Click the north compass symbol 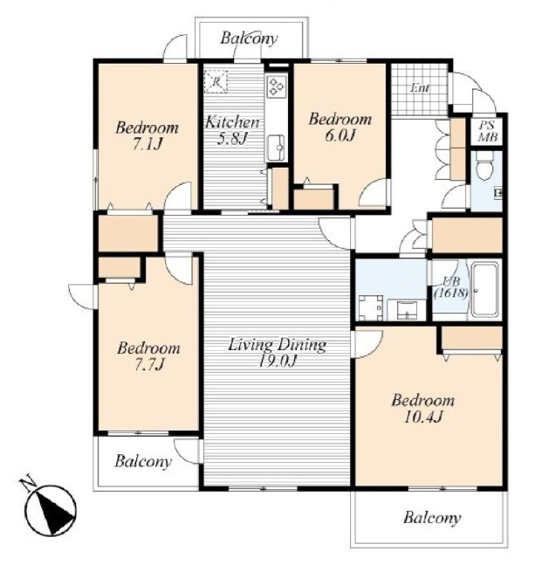[x=50, y=509]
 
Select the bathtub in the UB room [x=486, y=291]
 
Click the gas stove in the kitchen [x=277, y=86]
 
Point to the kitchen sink [x=277, y=148]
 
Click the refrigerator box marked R [x=216, y=82]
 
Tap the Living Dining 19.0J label [x=277, y=353]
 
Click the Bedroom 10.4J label [x=423, y=409]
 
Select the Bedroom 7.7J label [x=148, y=356]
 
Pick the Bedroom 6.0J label [x=340, y=127]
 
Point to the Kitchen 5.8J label [x=232, y=130]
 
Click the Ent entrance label [x=420, y=88]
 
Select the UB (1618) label [x=451, y=287]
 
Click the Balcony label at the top [x=249, y=38]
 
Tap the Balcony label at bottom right [x=432, y=518]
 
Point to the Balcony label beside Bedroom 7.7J [x=143, y=462]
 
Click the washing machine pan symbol [x=371, y=307]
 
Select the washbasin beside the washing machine [x=407, y=309]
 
